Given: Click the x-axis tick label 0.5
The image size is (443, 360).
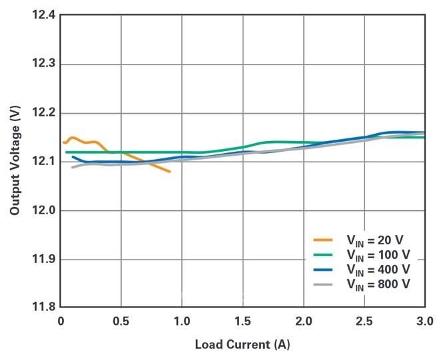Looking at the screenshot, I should click(x=121, y=321).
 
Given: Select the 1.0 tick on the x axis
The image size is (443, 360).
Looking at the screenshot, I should click(x=182, y=321).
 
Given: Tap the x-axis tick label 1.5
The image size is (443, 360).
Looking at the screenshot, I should click(x=242, y=321).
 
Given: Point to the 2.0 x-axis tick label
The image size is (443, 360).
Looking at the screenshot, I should click(x=304, y=321).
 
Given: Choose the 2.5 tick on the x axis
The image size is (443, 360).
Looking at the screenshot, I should click(x=364, y=321).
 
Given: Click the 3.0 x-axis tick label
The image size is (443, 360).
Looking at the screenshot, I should click(x=424, y=321).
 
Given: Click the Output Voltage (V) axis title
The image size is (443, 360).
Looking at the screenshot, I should click(x=15, y=161).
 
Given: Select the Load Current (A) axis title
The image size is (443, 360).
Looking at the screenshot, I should click(x=242, y=345).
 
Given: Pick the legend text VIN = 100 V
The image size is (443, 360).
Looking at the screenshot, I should click(x=378, y=256).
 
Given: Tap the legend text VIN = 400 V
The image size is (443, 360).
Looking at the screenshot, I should click(x=378, y=270).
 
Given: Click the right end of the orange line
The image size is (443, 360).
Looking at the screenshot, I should click(x=170, y=172).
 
